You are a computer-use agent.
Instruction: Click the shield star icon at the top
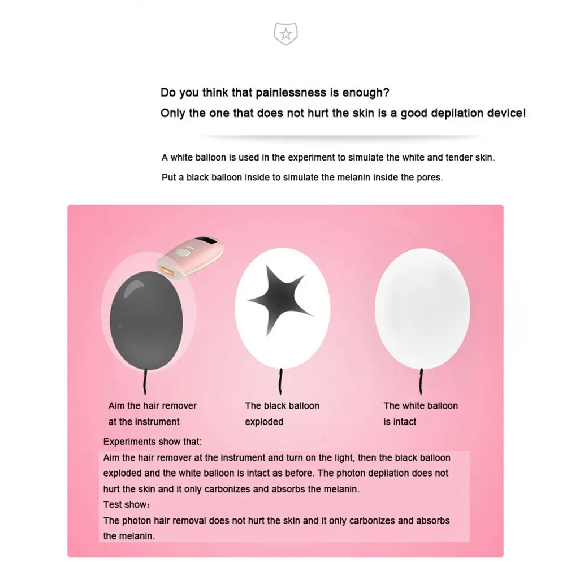(x=285, y=34)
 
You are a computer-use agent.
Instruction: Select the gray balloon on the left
(x=146, y=320)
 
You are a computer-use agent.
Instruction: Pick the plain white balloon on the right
(x=422, y=309)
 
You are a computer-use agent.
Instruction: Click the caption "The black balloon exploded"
(x=282, y=413)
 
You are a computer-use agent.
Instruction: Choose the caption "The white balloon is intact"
(x=421, y=413)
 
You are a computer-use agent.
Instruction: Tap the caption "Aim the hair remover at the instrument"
(x=153, y=413)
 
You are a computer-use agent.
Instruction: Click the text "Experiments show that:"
(x=152, y=442)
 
